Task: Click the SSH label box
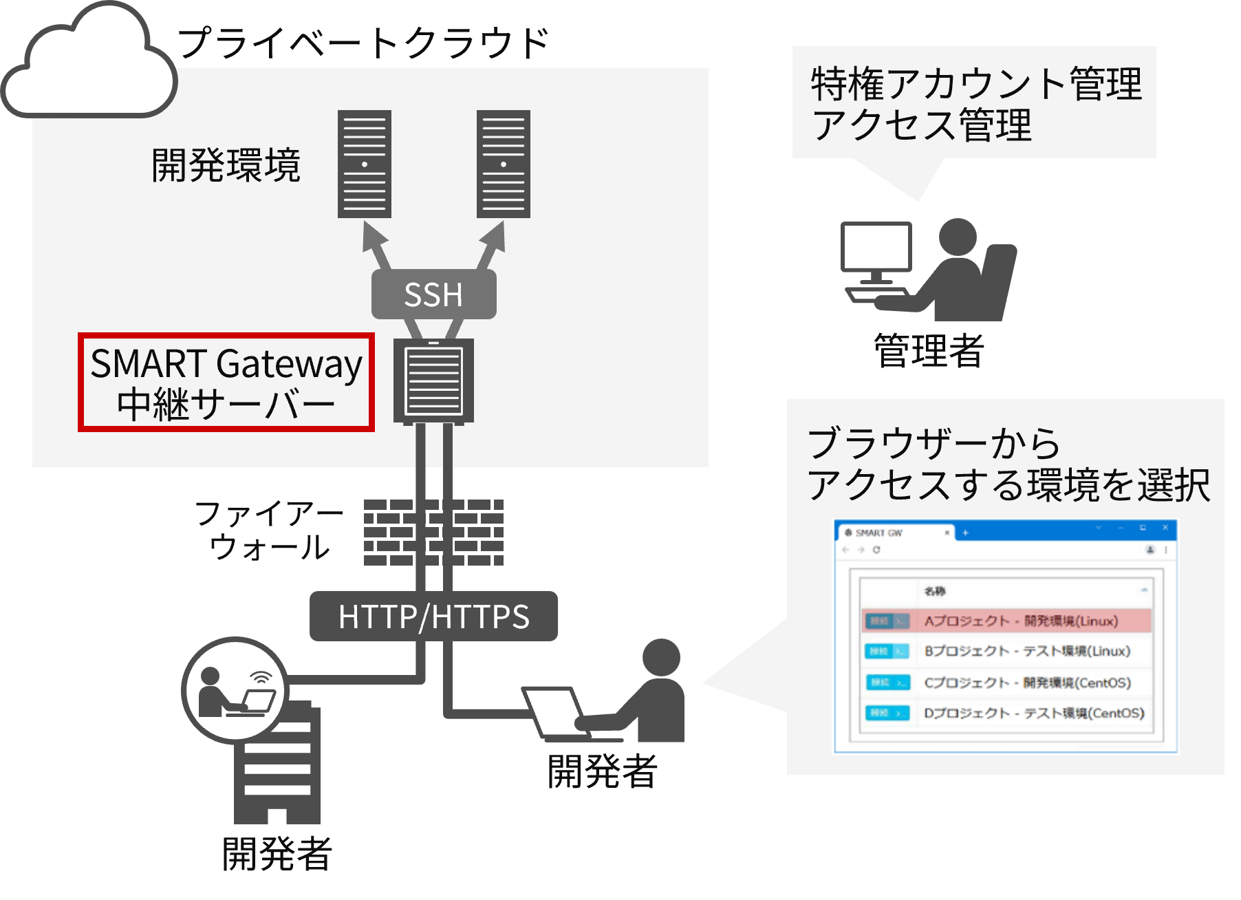coord(433,294)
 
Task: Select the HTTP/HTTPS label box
coord(433,617)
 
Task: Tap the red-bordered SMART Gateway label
coord(226,383)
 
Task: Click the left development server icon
coord(365,164)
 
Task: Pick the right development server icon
coord(504,164)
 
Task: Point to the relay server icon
coord(433,381)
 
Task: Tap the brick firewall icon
coord(433,533)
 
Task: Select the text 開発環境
coord(226,165)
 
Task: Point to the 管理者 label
coord(929,351)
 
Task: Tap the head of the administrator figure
coord(958,237)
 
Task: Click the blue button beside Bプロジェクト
coord(887,652)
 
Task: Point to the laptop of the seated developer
coord(554,712)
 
